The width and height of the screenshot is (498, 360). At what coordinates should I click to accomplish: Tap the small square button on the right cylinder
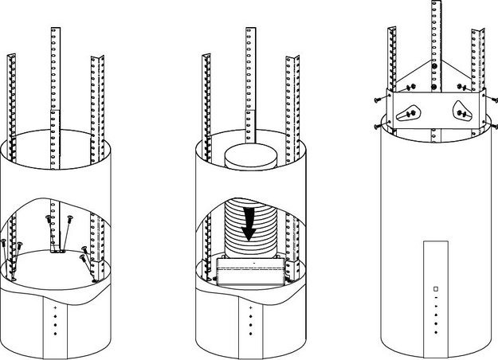[x=436, y=288]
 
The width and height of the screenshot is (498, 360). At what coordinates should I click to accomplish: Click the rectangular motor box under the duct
[x=250, y=272]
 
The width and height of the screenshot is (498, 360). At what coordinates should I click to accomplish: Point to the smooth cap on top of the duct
[x=250, y=157]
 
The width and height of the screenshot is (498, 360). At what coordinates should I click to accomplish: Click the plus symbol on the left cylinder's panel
[x=55, y=307]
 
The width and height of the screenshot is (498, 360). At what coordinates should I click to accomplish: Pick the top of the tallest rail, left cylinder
[x=57, y=30]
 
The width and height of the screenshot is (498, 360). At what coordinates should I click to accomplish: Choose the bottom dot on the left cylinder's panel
[x=55, y=332]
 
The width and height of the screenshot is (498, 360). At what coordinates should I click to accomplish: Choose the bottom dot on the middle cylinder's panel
[x=250, y=332]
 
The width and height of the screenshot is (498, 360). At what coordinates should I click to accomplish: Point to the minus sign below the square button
[x=436, y=299]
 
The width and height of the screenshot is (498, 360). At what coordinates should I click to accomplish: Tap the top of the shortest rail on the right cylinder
[x=393, y=29]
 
